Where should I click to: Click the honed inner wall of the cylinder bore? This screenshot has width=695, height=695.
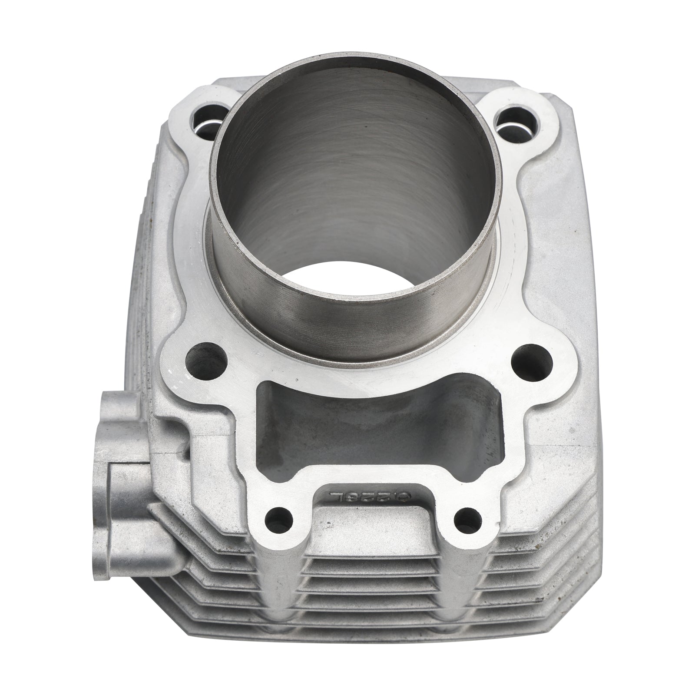tap(347, 174)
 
